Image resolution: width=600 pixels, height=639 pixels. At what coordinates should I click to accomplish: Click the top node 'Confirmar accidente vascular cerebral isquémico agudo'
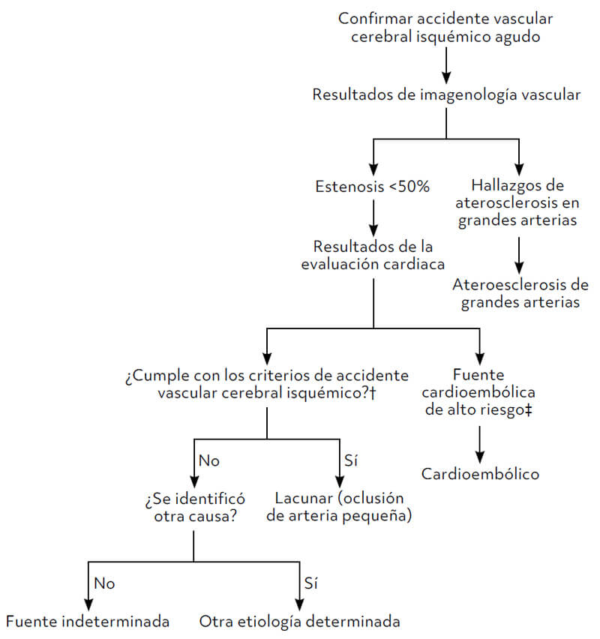pyautogui.click(x=446, y=27)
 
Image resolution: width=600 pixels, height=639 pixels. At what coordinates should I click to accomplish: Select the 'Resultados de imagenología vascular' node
pyautogui.click(x=446, y=94)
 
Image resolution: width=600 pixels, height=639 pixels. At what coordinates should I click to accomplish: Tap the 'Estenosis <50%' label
pyautogui.click(x=373, y=187)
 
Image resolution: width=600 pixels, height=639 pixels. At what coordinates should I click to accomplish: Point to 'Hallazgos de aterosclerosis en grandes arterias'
pyautogui.click(x=519, y=202)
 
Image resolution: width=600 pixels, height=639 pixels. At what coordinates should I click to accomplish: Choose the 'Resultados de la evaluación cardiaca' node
pyautogui.click(x=373, y=255)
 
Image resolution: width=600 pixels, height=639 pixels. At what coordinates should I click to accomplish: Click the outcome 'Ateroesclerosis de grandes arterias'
pyautogui.click(x=520, y=294)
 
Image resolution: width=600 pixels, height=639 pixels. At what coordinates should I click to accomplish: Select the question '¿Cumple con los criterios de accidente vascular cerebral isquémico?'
pyautogui.click(x=268, y=383)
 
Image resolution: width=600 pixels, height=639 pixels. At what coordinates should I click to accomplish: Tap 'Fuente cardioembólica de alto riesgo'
pyautogui.click(x=479, y=392)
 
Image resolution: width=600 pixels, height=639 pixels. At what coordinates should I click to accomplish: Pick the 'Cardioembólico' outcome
pyautogui.click(x=480, y=474)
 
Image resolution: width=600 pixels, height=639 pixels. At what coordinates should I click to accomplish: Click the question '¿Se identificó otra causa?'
pyautogui.click(x=194, y=507)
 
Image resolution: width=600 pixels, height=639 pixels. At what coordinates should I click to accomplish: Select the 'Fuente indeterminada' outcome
pyautogui.click(x=87, y=622)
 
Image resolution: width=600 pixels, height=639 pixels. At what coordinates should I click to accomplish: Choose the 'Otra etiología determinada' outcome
pyautogui.click(x=300, y=622)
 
